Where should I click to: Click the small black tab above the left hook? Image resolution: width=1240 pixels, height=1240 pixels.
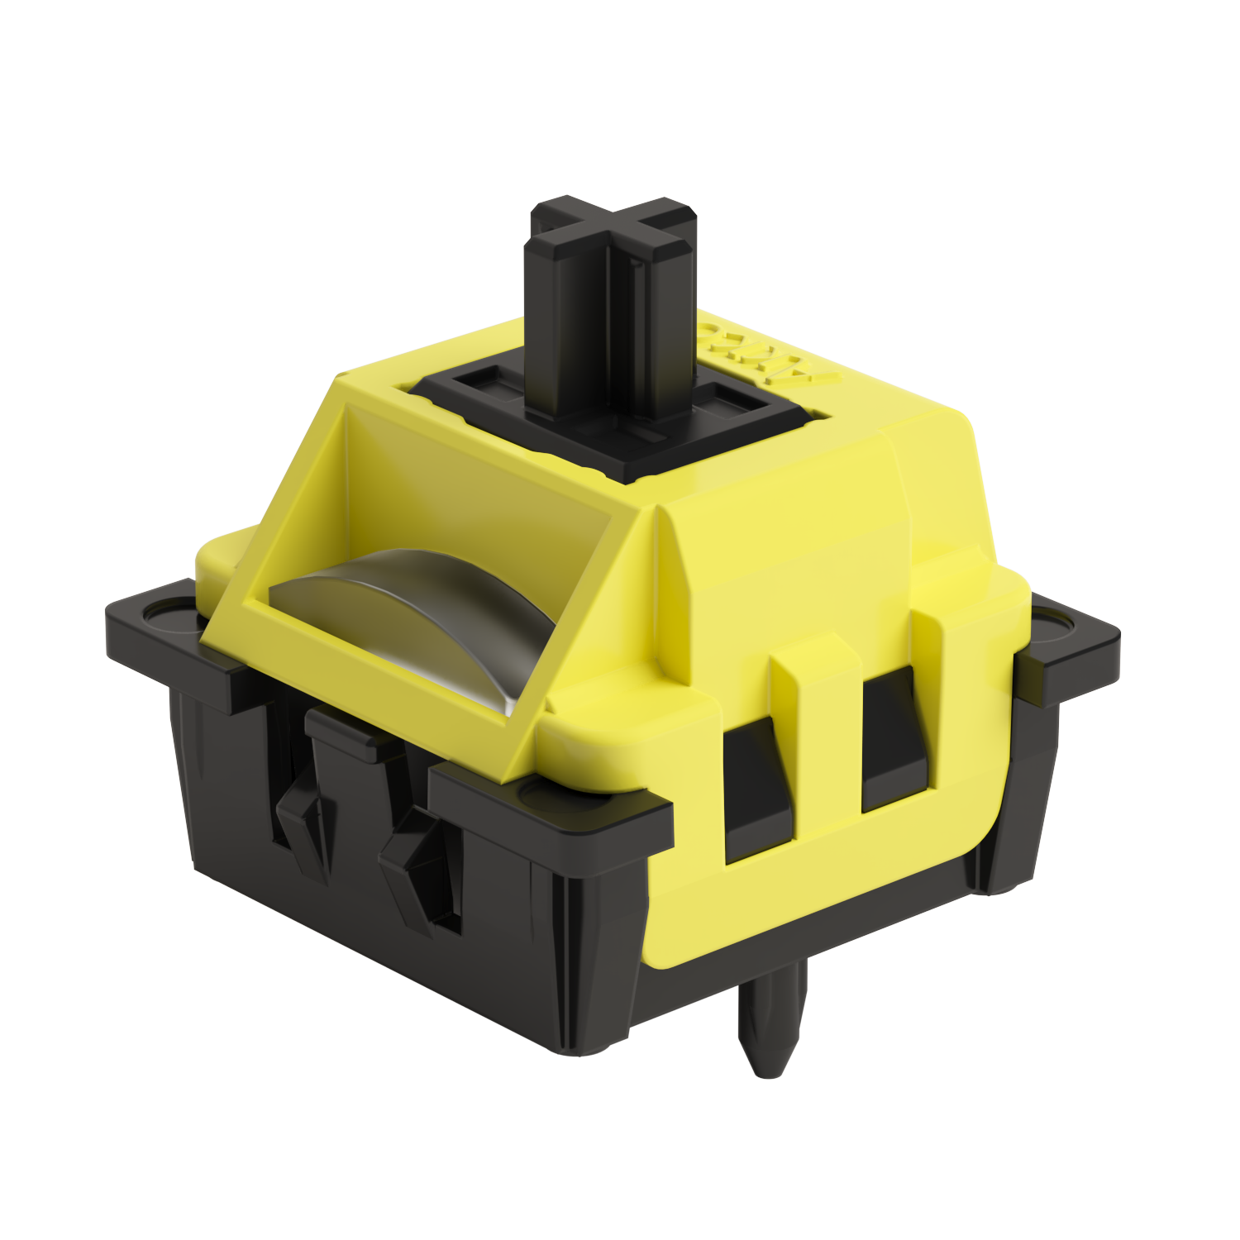(347, 727)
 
